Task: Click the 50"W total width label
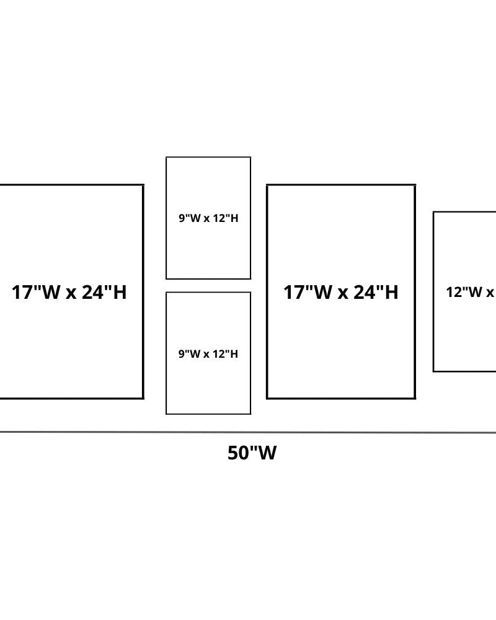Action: click(x=252, y=453)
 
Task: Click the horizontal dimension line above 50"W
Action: click(x=248, y=432)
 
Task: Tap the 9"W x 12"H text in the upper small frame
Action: click(x=208, y=218)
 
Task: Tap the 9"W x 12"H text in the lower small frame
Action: click(x=208, y=354)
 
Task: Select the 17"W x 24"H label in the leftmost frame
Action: click(x=69, y=292)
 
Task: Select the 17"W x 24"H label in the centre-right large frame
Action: click(x=341, y=292)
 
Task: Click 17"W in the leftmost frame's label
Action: click(x=36, y=292)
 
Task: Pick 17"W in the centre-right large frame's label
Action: click(x=308, y=292)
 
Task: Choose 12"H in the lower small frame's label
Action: click(x=224, y=354)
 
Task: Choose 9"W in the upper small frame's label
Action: click(x=188, y=218)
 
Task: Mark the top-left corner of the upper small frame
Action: click(x=166, y=157)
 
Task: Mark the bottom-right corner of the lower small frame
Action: click(x=250, y=414)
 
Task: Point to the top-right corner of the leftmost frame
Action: click(x=143, y=185)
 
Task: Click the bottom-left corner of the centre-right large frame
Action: click(x=267, y=398)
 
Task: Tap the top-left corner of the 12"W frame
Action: click(x=433, y=212)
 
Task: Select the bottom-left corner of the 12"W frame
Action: click(x=433, y=371)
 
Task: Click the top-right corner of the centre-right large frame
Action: click(x=415, y=185)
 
